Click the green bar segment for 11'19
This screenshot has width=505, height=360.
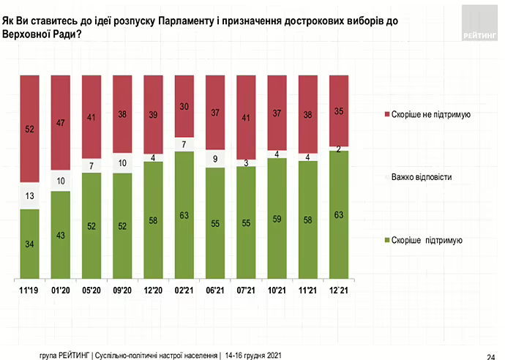click(x=29, y=244)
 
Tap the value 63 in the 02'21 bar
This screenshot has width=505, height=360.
click(x=185, y=215)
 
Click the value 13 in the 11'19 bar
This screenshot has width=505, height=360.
click(x=29, y=195)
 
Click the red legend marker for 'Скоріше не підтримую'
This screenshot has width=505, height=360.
click(x=386, y=115)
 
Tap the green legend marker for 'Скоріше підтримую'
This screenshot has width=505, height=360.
click(x=386, y=240)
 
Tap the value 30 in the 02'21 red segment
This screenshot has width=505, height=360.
click(x=185, y=105)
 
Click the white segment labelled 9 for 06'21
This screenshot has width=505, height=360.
click(x=216, y=158)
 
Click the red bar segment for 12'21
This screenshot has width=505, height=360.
click(x=340, y=110)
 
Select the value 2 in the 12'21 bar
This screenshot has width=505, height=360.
click(x=340, y=149)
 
